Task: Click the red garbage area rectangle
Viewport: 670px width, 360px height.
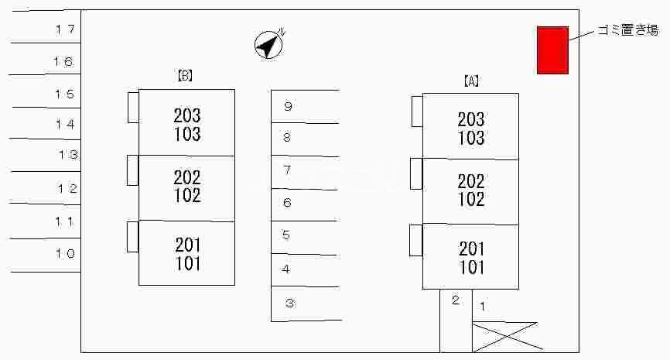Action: (x=552, y=50)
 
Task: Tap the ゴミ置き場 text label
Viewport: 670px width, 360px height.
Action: (x=627, y=30)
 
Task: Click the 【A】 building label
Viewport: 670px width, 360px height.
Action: (x=471, y=81)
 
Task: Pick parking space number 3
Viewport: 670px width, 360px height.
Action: (x=305, y=303)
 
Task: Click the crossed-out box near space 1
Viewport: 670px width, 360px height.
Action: (x=504, y=336)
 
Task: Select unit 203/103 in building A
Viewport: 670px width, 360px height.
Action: (x=470, y=128)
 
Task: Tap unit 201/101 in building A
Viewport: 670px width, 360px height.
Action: (x=470, y=258)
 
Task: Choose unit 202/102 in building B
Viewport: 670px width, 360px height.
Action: (x=186, y=187)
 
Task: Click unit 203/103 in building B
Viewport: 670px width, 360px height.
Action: (x=186, y=124)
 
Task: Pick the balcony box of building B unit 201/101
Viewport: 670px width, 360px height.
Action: (x=133, y=236)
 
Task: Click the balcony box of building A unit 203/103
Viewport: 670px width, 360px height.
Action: (x=417, y=111)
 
